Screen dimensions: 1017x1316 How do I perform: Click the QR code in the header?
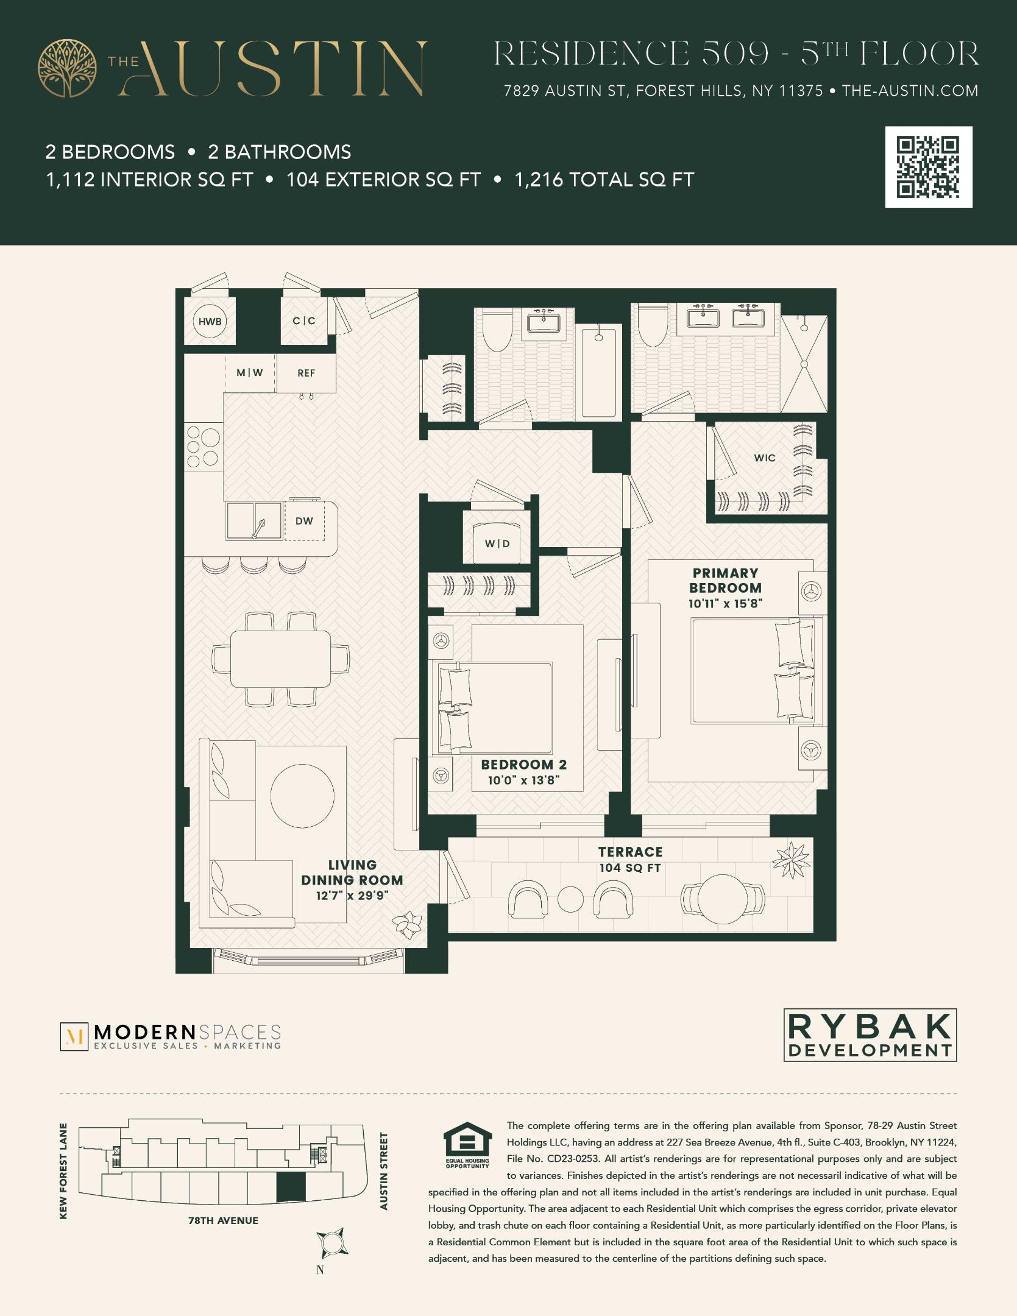[928, 167]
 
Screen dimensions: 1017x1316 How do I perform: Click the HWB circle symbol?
[210, 321]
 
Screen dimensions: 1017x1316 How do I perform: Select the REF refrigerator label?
[306, 373]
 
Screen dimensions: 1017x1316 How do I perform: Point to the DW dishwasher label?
[304, 521]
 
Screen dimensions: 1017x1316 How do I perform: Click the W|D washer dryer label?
[497, 543]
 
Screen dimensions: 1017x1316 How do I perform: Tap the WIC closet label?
[765, 458]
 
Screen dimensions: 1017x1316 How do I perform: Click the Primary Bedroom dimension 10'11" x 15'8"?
[725, 603]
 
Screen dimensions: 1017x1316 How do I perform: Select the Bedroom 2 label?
[523, 765]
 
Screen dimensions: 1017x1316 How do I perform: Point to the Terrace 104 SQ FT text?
[630, 860]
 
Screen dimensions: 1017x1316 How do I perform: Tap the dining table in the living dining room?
[280, 659]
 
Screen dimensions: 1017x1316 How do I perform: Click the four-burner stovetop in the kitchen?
[204, 447]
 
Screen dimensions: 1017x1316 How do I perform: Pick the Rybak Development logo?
[870, 1035]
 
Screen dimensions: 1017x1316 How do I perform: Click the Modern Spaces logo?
[171, 1037]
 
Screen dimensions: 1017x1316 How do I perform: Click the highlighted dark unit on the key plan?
[291, 1187]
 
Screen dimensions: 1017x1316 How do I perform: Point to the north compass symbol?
[331, 1242]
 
